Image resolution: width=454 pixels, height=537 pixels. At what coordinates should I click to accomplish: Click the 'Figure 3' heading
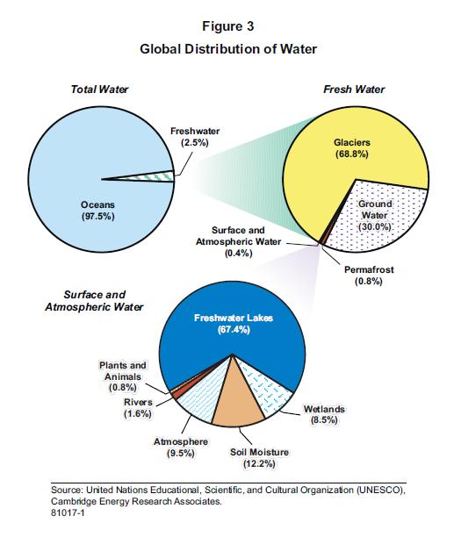click(x=227, y=27)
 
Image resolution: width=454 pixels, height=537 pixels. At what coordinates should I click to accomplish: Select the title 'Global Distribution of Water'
click(x=227, y=49)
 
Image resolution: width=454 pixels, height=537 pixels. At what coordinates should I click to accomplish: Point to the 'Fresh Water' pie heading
click(x=354, y=89)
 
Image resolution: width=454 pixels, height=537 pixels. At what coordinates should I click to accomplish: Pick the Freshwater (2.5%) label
click(x=195, y=137)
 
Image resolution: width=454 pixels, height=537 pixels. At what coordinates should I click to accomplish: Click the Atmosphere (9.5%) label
click(x=180, y=447)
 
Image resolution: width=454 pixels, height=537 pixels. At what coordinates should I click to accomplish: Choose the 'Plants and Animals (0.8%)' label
click(x=122, y=376)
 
